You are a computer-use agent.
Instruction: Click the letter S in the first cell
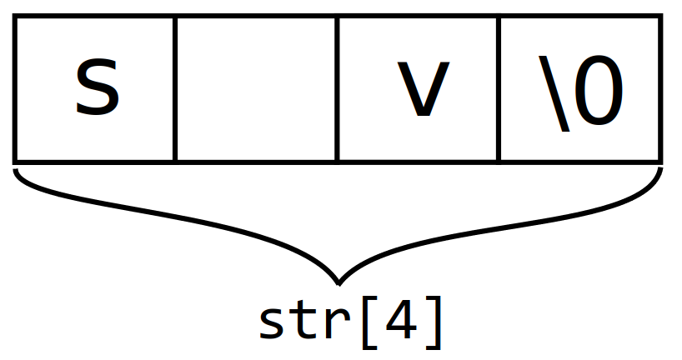coord(98,89)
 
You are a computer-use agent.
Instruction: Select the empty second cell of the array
coord(256,89)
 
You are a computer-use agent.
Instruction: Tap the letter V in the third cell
coord(422,91)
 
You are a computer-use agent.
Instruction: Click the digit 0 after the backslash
coord(599,91)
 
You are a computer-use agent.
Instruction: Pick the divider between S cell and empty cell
coord(175,89)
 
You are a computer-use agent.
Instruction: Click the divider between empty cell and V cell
coord(337,89)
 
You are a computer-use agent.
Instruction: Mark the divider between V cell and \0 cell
coord(499,89)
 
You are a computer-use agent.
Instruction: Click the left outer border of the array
coord(15,89)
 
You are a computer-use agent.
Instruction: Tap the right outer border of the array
coord(660,89)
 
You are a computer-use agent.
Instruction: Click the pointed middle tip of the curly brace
coord(338,279)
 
